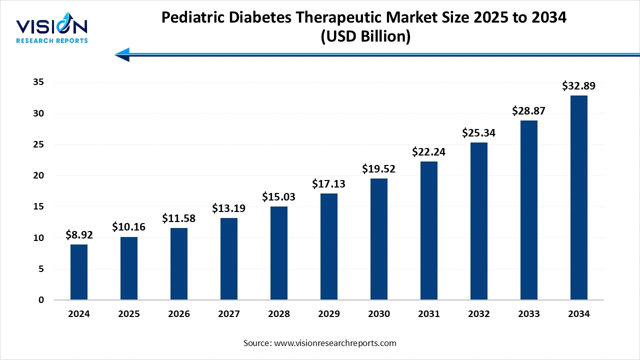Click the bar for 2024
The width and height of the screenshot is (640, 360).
pyautogui.click(x=79, y=272)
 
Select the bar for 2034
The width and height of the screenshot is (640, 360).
pyautogui.click(x=579, y=197)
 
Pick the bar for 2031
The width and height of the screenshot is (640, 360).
pyautogui.click(x=429, y=230)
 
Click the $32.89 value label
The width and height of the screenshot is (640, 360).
pyautogui.click(x=579, y=86)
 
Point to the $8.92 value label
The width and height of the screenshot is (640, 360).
pyautogui.click(x=79, y=235)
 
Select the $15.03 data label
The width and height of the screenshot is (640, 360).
pyautogui.click(x=279, y=197)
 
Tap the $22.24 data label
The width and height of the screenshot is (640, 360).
pyautogui.click(x=429, y=152)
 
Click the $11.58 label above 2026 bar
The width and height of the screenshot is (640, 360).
pyautogui.click(x=179, y=218)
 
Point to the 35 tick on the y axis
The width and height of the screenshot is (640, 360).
pyautogui.click(x=38, y=82)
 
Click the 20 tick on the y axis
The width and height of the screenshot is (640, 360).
pyautogui.click(x=38, y=175)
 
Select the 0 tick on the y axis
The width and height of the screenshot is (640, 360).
pyautogui.click(x=41, y=300)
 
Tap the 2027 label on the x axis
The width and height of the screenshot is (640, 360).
pyautogui.click(x=229, y=314)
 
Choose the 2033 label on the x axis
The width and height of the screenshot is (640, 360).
pyautogui.click(x=529, y=314)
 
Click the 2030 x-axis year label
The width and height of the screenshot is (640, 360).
pyautogui.click(x=379, y=314)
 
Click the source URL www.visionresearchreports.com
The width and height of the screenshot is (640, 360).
pyautogui.click(x=335, y=343)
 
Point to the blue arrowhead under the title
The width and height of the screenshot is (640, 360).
pyautogui.click(x=123, y=54)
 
